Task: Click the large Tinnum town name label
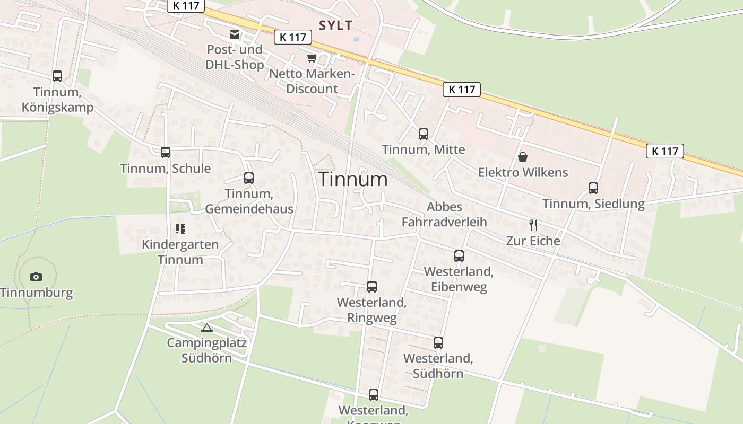click(x=353, y=179)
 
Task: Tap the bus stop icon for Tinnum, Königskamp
click(x=57, y=76)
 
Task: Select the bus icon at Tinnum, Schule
click(x=166, y=153)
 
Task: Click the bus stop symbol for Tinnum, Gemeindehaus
click(x=249, y=178)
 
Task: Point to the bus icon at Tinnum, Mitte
click(x=423, y=134)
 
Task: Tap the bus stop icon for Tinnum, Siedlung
click(x=593, y=188)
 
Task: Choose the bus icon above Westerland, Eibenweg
click(x=459, y=256)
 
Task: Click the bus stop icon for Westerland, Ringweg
click(x=372, y=287)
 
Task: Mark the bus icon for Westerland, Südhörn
click(x=438, y=343)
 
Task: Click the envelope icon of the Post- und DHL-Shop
click(x=234, y=35)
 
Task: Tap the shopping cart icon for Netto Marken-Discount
click(x=312, y=58)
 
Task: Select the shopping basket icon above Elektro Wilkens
click(x=523, y=157)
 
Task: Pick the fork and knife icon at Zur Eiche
click(x=533, y=225)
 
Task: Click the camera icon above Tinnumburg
click(x=36, y=277)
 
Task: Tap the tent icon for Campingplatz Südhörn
click(x=206, y=328)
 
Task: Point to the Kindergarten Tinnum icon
click(x=180, y=229)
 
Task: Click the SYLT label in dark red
click(x=335, y=25)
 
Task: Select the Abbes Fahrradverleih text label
click(x=444, y=214)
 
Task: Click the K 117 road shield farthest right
click(x=665, y=151)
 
